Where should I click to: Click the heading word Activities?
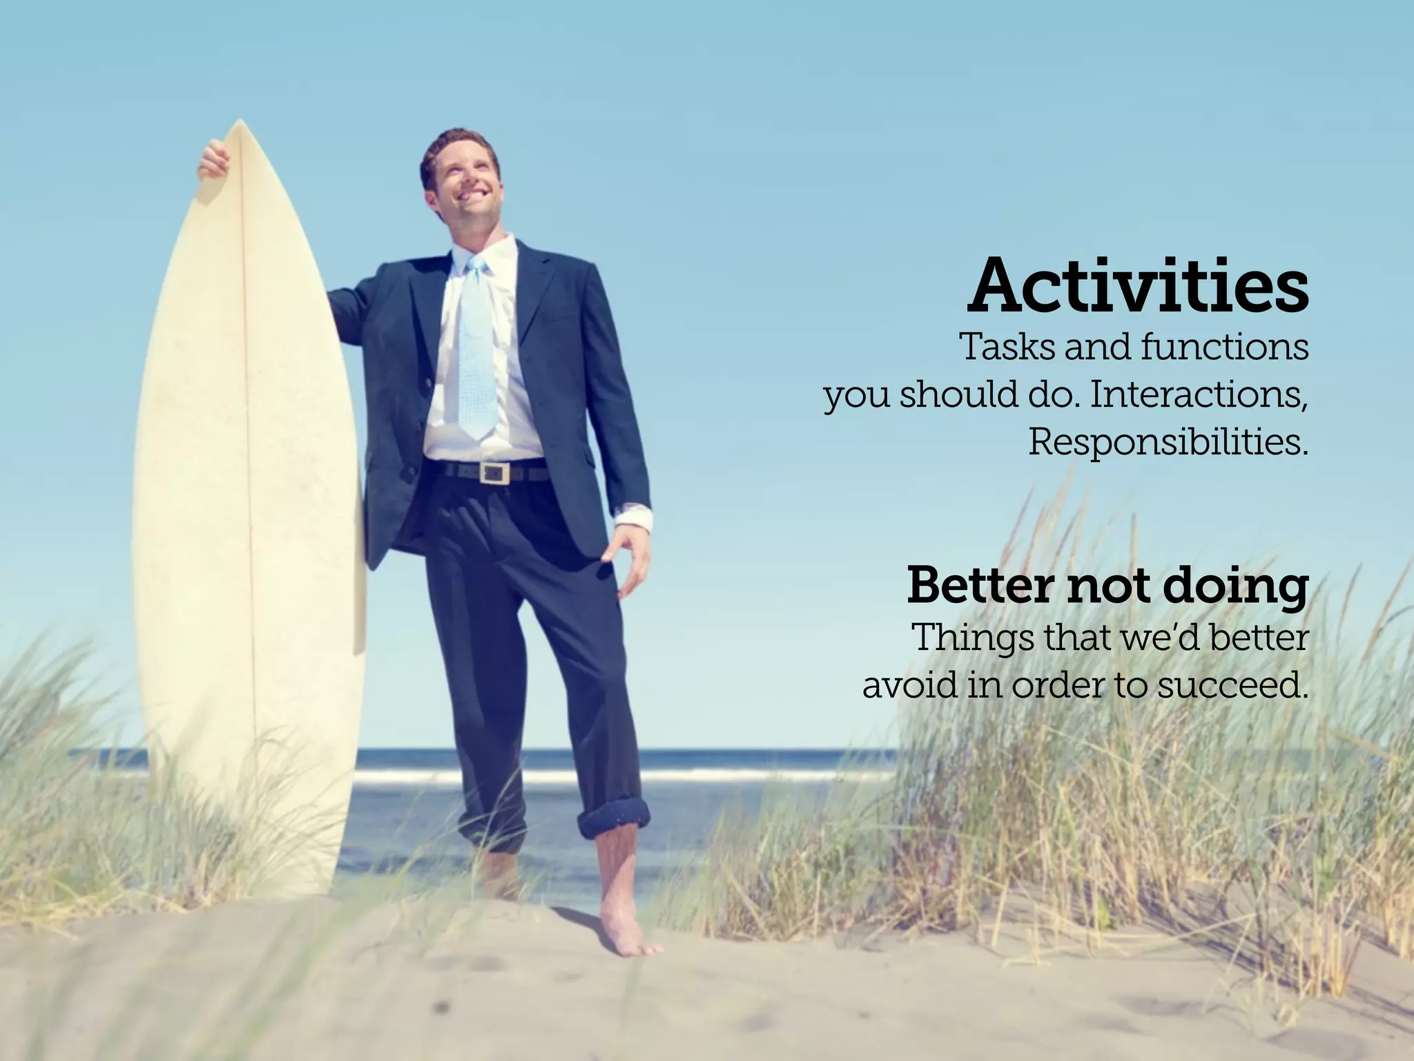[1138, 285]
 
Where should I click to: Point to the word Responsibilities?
[1168, 442]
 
